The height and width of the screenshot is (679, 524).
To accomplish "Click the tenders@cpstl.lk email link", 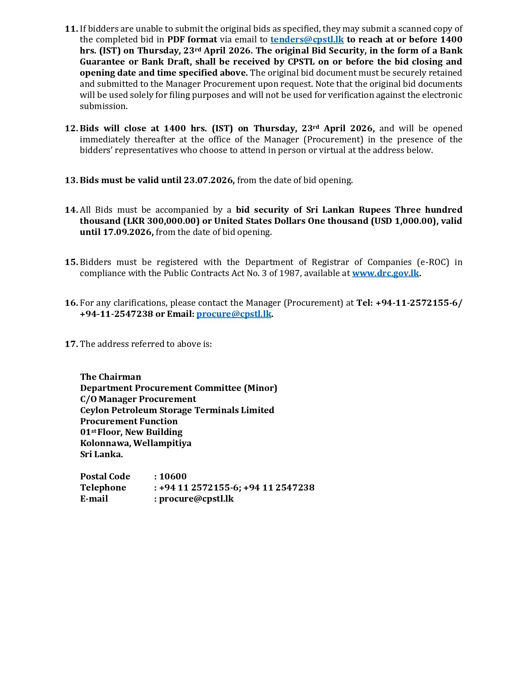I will (307, 40).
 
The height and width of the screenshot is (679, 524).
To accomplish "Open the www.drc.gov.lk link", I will (385, 273).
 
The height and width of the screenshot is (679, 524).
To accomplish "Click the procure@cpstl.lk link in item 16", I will (234, 314).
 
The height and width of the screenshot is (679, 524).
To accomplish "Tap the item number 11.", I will (71, 29).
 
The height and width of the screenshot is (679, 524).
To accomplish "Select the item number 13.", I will (71, 180).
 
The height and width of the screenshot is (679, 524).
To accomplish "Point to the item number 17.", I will (71, 344).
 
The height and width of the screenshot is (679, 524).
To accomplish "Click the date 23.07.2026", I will (208, 180).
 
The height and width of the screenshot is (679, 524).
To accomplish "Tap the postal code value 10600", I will (173, 477).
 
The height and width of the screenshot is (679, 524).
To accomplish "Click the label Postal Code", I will (105, 477).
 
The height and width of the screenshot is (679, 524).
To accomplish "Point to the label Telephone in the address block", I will (103, 488).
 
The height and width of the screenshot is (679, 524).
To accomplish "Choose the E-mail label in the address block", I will (94, 499).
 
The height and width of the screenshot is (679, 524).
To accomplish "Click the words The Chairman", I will (110, 377).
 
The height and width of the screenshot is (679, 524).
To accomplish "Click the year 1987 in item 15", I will (289, 273).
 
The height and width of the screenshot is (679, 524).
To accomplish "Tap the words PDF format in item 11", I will (192, 40).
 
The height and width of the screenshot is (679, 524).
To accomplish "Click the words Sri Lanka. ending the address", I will (101, 454).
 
